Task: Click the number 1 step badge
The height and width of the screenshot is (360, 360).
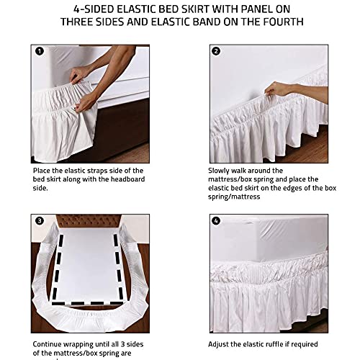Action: (x=40, y=51)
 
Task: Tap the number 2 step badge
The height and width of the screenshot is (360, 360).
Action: (x=216, y=51)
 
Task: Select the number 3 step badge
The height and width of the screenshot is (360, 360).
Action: (x=40, y=221)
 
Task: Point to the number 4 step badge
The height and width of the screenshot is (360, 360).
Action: (x=216, y=221)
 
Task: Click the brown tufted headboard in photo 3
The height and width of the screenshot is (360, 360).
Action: (x=89, y=221)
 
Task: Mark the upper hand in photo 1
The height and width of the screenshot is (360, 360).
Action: (x=79, y=74)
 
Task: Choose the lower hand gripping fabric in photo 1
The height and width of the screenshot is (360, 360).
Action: (x=86, y=102)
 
